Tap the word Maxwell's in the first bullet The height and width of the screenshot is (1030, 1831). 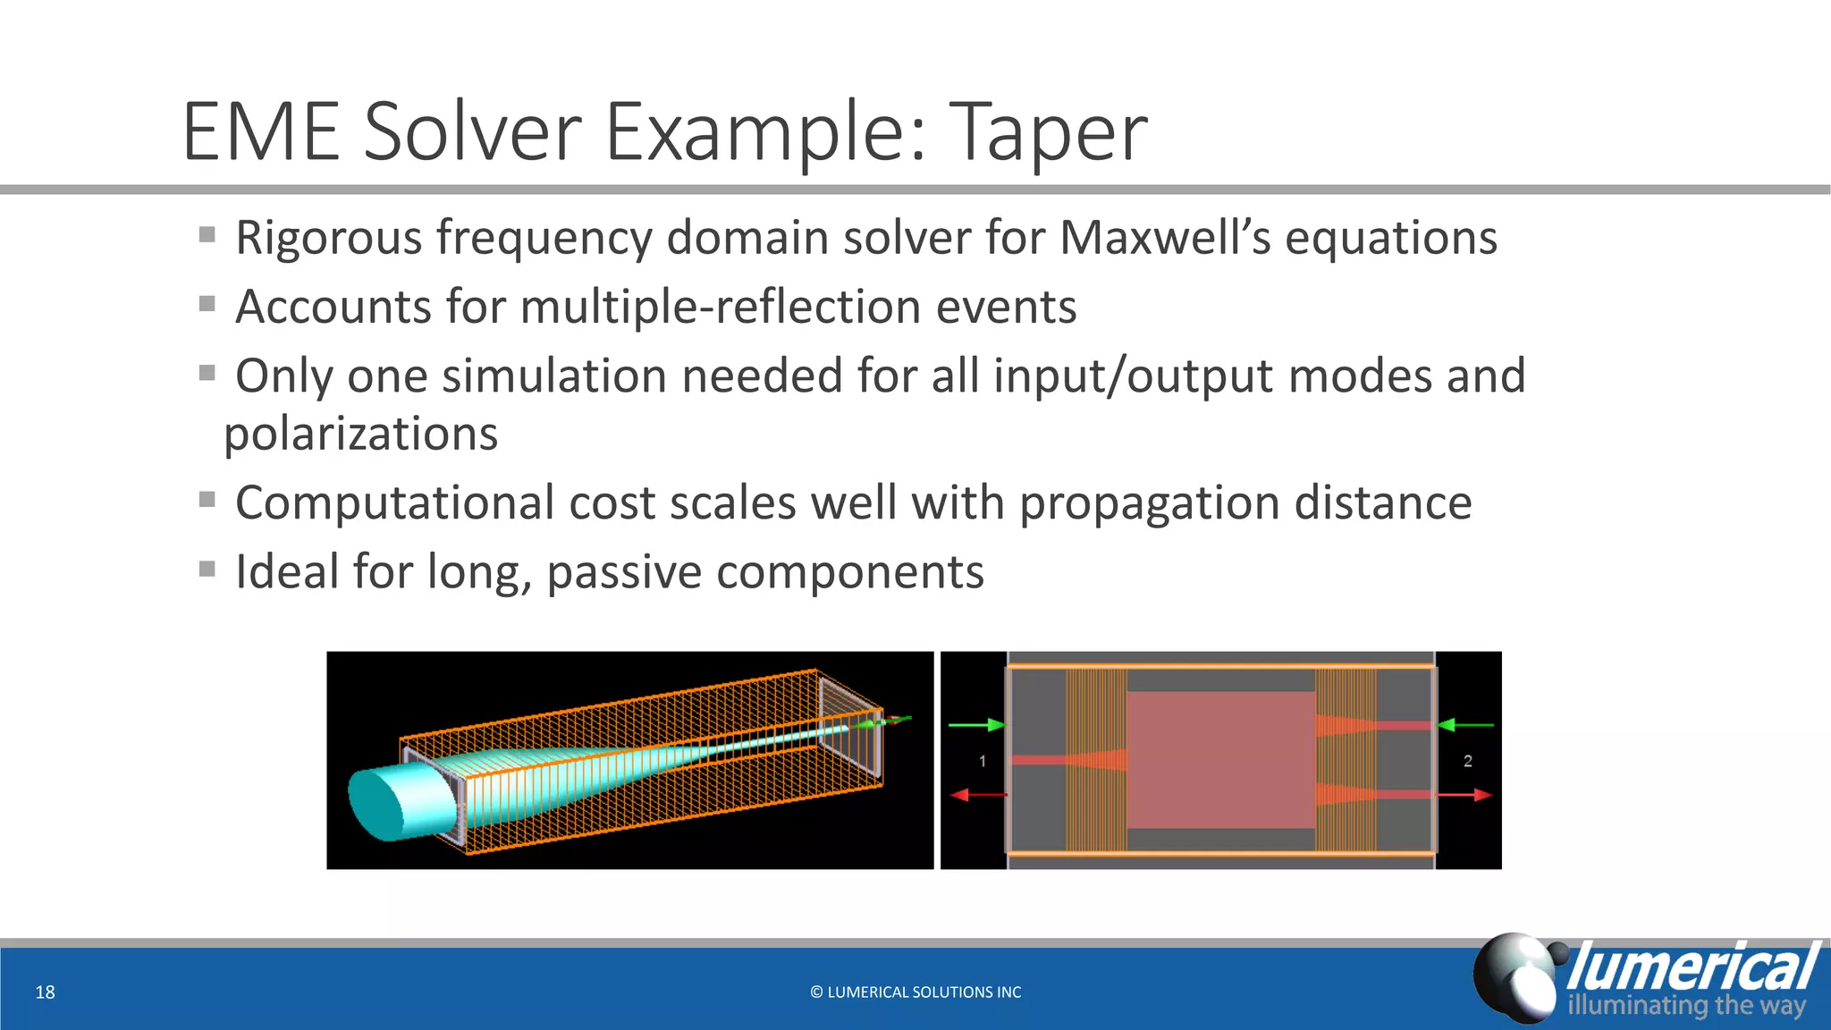(1165, 238)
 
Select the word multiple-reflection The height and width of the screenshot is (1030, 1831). (720, 307)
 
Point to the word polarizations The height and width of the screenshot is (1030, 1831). (360, 435)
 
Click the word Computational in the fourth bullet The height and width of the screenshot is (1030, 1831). (394, 502)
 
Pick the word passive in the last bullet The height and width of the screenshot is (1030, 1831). (624, 572)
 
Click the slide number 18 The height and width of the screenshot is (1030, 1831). (45, 992)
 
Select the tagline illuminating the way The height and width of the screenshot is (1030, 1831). (1685, 1005)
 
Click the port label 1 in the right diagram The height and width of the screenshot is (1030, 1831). (983, 761)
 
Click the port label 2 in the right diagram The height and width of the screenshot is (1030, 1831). (1467, 761)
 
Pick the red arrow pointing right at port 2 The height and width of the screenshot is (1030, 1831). (1466, 794)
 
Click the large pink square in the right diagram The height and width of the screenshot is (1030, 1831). (1220, 760)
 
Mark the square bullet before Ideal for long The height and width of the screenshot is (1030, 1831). (207, 569)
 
